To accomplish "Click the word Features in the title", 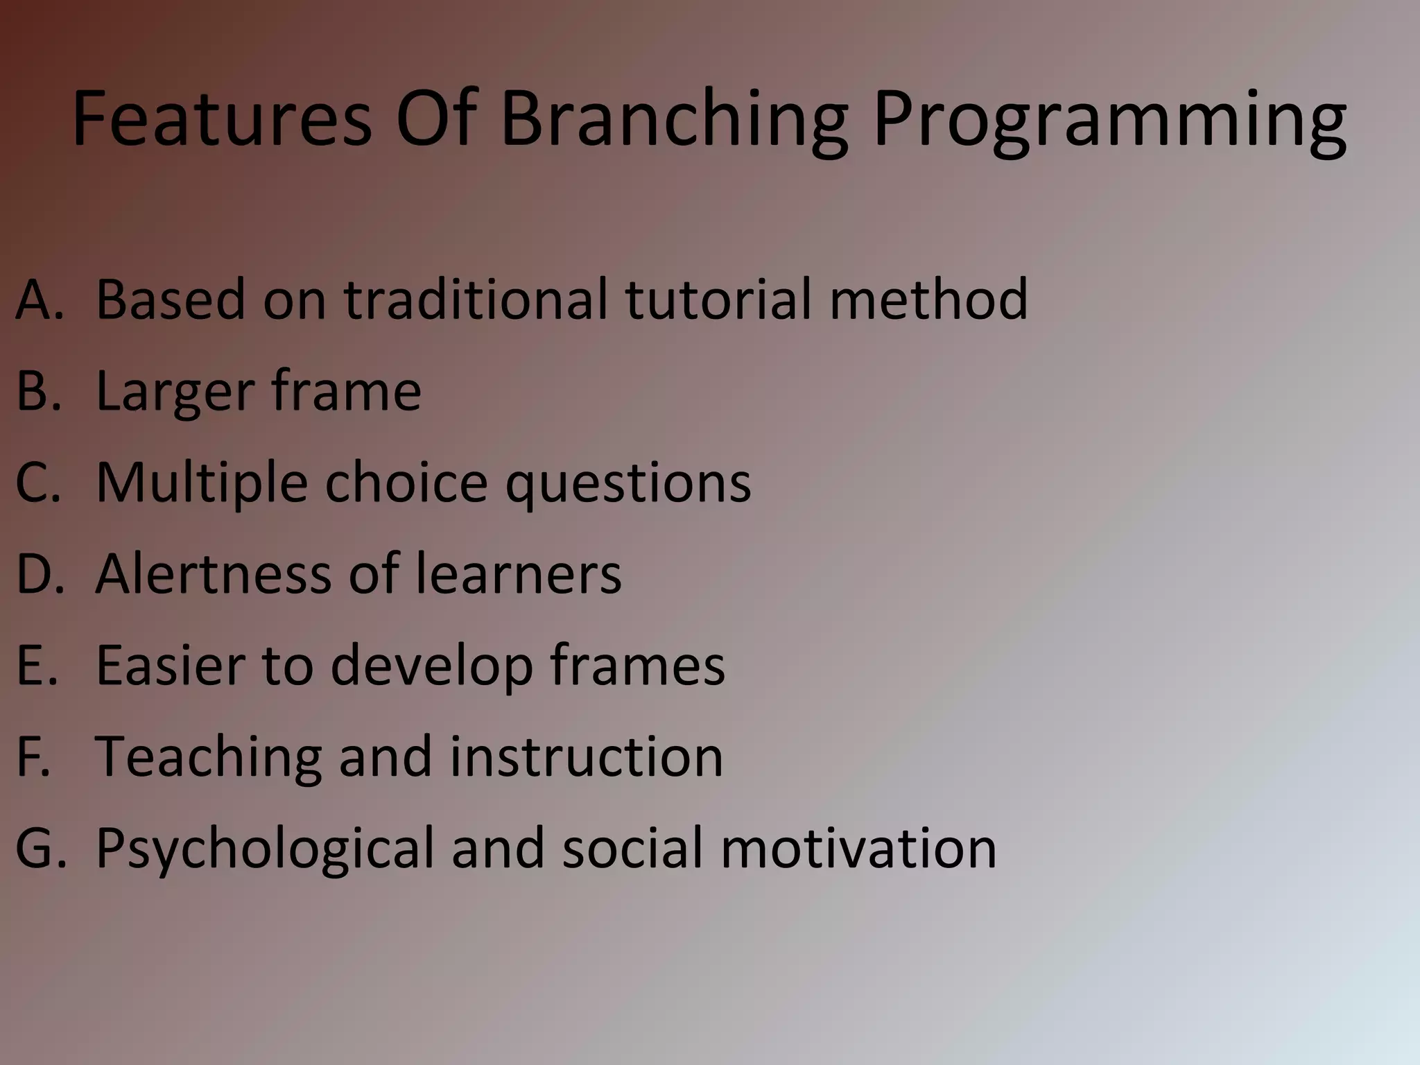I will pos(222,119).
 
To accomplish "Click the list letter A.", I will pos(38,300).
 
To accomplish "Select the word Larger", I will pos(175,392).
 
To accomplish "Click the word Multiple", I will pos(201,483).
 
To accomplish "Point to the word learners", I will pos(518,574).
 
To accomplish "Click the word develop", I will pos(431,667).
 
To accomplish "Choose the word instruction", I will pos(586,757).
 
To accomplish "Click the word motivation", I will pos(858,848).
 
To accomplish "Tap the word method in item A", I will pos(928,300).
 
